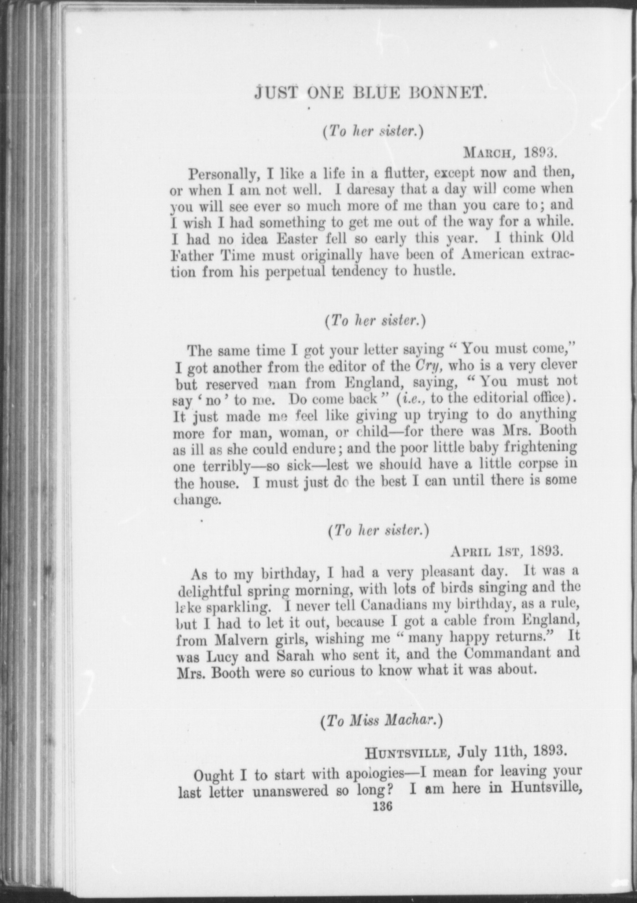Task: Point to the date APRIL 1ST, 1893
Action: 506,551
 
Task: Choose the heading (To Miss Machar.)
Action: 381,722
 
